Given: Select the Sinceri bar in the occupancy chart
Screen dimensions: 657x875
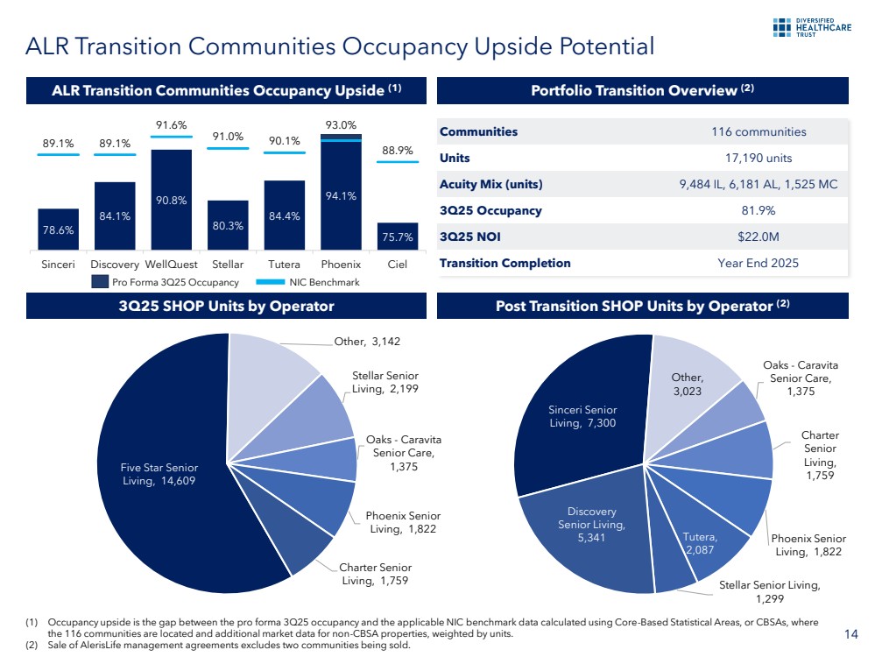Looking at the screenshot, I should tap(58, 230).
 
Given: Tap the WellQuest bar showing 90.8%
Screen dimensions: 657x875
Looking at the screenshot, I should tap(171, 201).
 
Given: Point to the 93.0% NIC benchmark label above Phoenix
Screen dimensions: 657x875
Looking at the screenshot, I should tap(341, 126).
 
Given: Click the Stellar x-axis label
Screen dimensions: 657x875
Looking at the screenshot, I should tap(228, 264).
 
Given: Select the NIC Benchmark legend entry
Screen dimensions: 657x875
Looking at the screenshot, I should tap(313, 282).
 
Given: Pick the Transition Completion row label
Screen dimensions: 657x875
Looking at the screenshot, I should tap(505, 263).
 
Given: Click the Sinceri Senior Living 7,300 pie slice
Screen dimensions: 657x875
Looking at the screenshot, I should tap(582, 416).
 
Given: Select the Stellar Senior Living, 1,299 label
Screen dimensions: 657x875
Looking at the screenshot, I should tap(768, 591).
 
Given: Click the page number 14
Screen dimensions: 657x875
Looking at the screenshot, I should tap(850, 633).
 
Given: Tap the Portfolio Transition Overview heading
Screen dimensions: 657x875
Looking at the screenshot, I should tap(643, 90).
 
